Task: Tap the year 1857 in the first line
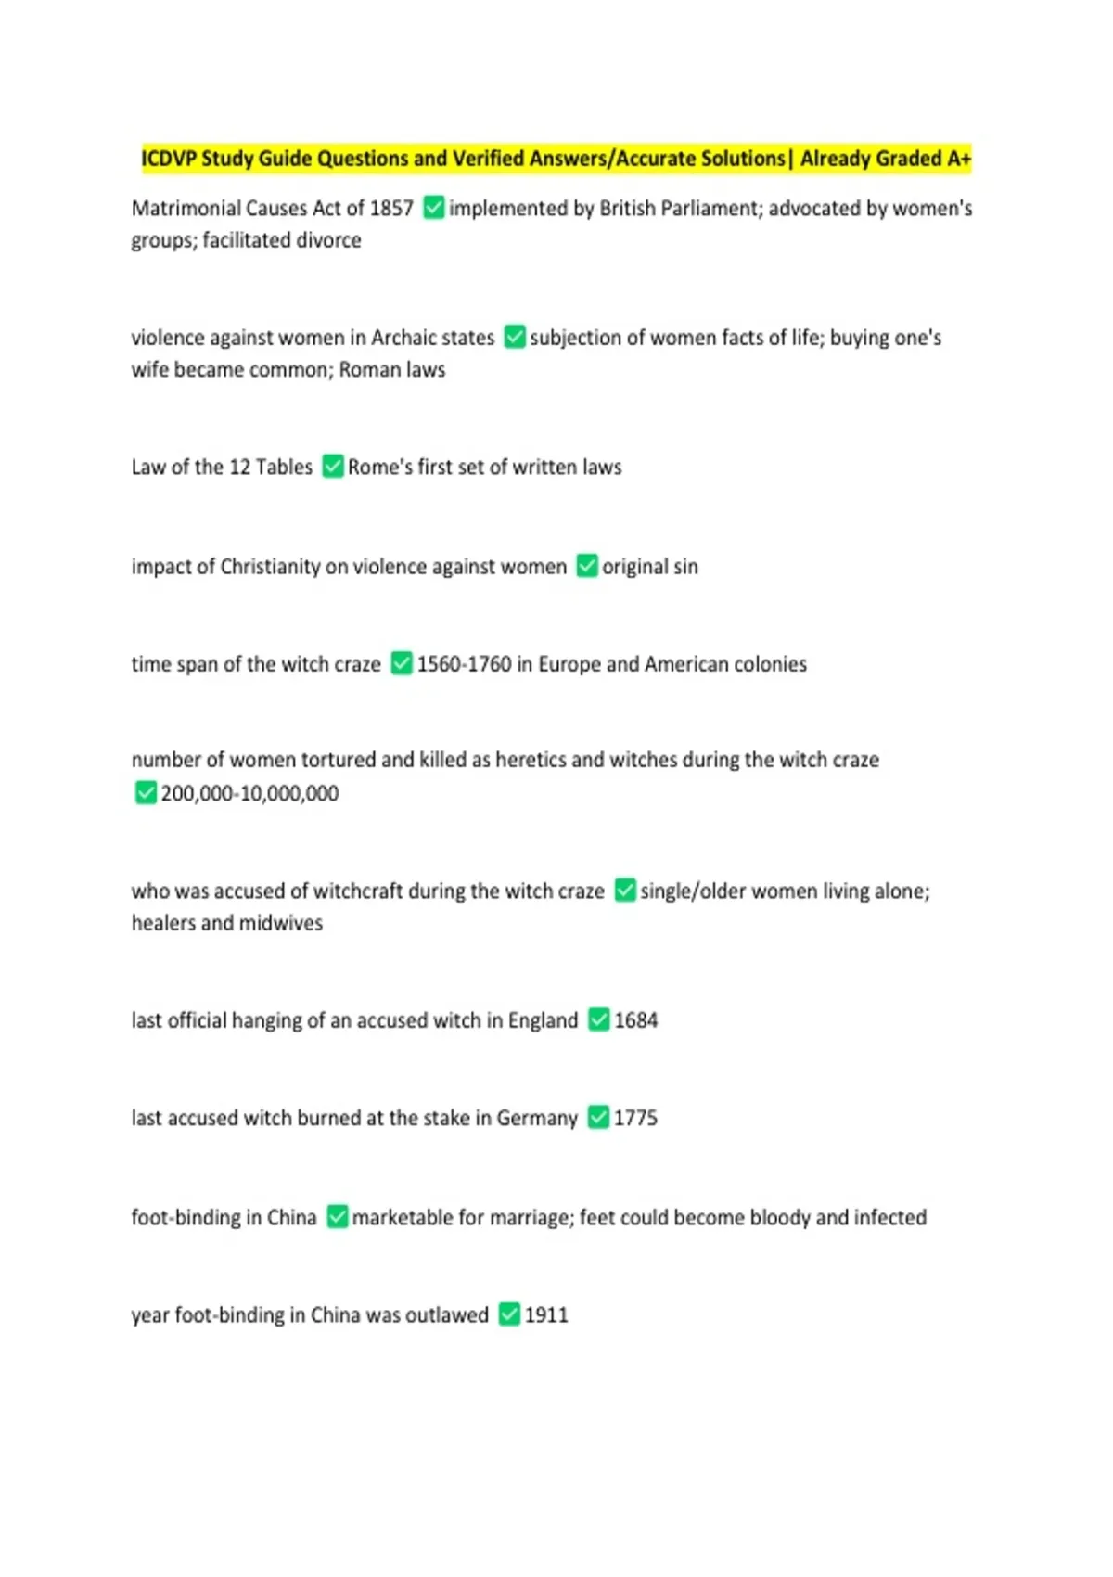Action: click(x=391, y=208)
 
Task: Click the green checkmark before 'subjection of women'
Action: click(x=515, y=337)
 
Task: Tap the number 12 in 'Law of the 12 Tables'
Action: click(x=239, y=467)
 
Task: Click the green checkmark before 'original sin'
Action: click(x=587, y=566)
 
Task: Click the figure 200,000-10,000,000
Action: click(x=249, y=793)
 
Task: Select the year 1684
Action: click(x=635, y=1020)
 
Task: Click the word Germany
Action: click(x=537, y=1118)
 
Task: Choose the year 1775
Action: click(x=635, y=1118)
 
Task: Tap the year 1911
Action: click(x=546, y=1314)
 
